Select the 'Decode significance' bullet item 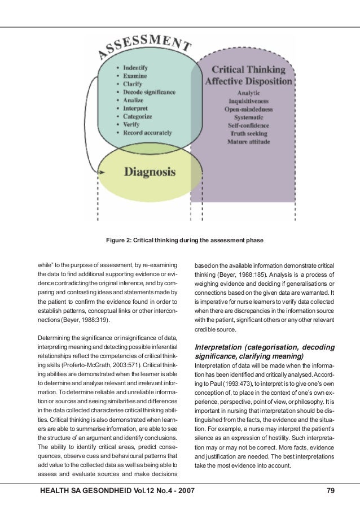tap(150, 91)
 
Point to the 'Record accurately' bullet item tap(147, 133)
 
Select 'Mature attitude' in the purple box tap(248, 142)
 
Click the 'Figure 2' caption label tap(121, 240)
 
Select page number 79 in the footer tap(331, 491)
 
